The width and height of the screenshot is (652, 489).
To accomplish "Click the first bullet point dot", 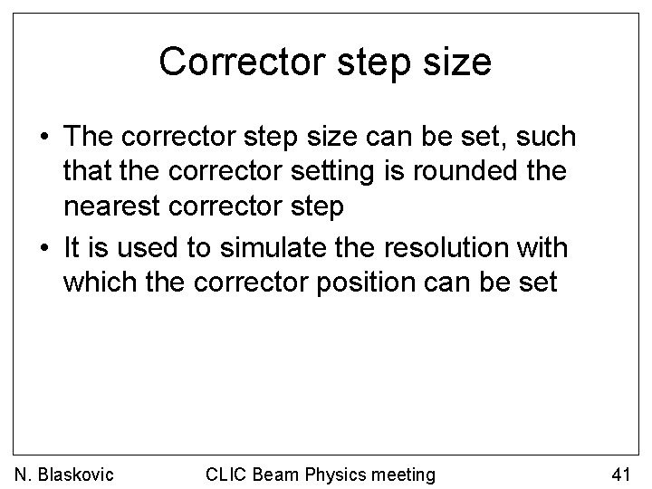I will click(x=43, y=138).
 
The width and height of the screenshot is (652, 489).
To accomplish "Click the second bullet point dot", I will click(x=43, y=246).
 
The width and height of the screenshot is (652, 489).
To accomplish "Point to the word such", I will click(x=543, y=137).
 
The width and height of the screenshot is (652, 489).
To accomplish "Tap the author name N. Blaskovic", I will click(x=63, y=473).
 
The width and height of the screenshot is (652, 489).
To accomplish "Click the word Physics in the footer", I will click(x=340, y=473).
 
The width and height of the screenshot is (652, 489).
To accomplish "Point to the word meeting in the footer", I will click(x=405, y=473).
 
